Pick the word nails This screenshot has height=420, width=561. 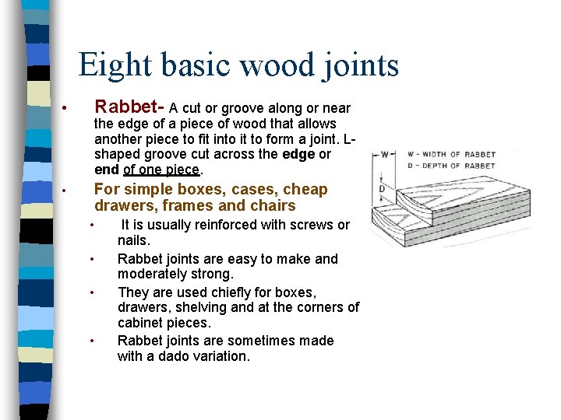pos(134,241)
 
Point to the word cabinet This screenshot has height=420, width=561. pos(142,323)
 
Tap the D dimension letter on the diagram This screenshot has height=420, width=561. pos(381,189)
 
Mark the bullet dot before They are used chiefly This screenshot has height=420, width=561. pos(92,293)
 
